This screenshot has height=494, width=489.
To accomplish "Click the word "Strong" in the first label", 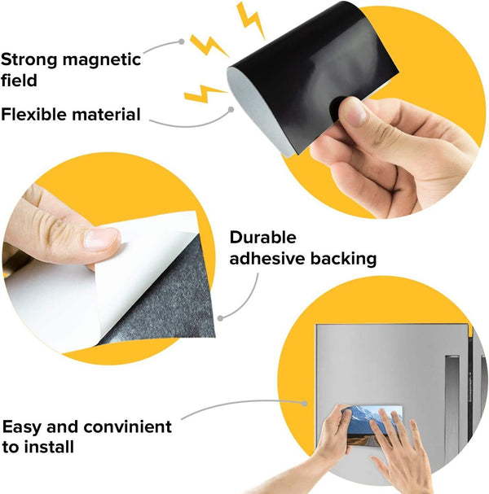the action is point(29,59).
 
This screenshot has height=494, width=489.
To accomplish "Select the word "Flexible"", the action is point(33,114).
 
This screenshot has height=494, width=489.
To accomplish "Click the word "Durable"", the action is point(262,237).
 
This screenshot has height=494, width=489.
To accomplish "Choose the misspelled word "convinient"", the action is point(127,427).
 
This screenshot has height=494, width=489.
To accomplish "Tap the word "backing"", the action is point(343,258).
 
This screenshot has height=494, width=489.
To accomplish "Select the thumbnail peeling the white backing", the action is point(102,238).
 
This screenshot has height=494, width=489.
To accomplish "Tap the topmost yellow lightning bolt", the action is point(251,20).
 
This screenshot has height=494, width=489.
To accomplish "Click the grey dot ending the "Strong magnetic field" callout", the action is point(182,42).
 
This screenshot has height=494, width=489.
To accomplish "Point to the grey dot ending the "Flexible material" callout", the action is point(231,109).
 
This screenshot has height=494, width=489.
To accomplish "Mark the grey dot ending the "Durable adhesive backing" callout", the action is point(221,318).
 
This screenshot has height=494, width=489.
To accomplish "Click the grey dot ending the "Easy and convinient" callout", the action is point(304,404).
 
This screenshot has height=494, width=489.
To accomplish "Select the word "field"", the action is point(19,80).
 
